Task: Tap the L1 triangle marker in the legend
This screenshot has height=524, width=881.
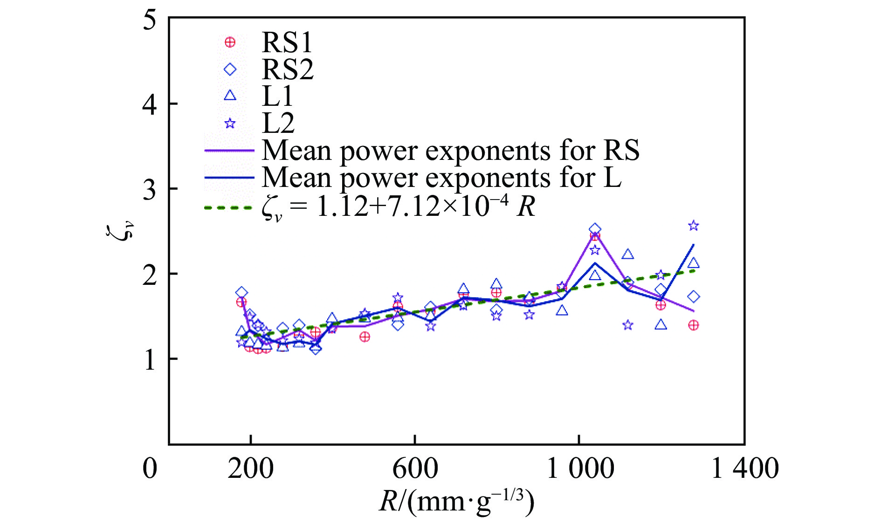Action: click(x=230, y=96)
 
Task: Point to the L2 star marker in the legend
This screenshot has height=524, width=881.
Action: click(x=230, y=124)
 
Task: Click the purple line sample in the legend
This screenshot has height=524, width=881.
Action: click(x=229, y=151)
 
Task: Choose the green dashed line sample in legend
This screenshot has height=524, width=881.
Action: click(x=229, y=207)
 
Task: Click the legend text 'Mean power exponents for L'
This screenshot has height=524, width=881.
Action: click(x=441, y=178)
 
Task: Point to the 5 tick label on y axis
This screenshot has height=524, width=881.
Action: click(x=150, y=21)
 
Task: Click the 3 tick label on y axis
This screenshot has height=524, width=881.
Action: click(x=150, y=190)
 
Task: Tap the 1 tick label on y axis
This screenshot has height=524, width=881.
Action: click(x=150, y=360)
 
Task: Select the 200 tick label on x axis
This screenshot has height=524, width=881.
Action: click(x=251, y=469)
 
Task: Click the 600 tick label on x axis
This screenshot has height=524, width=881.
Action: click(x=415, y=469)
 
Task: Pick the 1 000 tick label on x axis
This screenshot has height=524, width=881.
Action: click(x=579, y=469)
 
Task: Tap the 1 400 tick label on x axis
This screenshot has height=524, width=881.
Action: click(x=744, y=469)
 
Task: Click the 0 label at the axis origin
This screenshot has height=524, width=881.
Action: click(x=150, y=469)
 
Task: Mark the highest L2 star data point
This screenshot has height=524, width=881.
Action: click(x=694, y=226)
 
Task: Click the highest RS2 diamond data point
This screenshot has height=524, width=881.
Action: click(x=595, y=229)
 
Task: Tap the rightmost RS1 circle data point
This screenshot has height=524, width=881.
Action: click(x=694, y=325)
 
